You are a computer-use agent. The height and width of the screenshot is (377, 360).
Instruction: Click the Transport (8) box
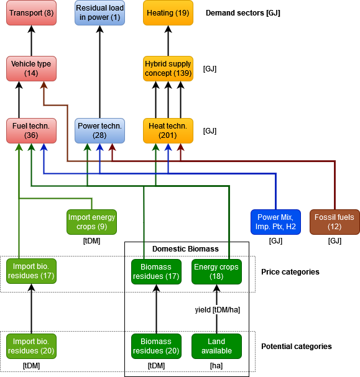(31, 13)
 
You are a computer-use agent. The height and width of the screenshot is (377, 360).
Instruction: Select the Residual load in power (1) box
(99, 13)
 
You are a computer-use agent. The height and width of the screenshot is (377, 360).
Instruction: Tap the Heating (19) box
(168, 13)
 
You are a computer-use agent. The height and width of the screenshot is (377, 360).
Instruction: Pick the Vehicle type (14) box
(31, 68)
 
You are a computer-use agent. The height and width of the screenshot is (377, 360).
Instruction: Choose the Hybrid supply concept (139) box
(168, 68)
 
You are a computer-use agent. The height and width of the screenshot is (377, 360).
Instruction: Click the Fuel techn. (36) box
(31, 130)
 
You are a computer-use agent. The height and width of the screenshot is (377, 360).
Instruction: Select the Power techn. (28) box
(99, 130)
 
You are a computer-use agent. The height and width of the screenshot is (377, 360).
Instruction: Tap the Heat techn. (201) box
(168, 130)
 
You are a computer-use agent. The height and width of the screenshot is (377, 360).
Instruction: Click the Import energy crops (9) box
(92, 222)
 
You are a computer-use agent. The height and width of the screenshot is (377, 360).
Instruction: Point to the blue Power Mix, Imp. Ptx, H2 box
(275, 222)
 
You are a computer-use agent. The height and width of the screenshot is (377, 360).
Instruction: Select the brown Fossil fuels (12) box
(335, 222)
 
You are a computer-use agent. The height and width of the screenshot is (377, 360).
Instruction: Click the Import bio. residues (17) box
(31, 271)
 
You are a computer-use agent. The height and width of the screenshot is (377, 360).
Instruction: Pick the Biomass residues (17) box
(156, 271)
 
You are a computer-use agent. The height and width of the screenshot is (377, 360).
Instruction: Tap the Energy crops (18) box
(216, 271)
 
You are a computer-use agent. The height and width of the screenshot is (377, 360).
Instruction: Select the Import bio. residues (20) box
(31, 346)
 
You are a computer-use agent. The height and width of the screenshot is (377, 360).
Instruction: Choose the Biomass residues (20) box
(156, 346)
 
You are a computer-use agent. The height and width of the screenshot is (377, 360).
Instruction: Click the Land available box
(216, 346)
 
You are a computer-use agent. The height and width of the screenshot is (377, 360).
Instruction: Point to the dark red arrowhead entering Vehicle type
(44, 85)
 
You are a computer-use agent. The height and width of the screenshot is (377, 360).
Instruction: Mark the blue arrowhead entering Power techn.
(99, 147)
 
